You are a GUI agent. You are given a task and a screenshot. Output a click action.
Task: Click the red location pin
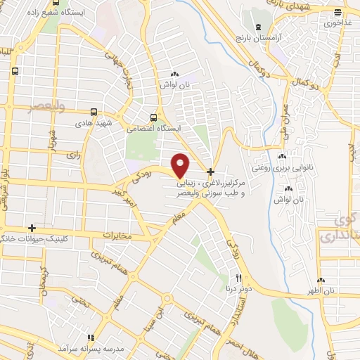[x=181, y=165]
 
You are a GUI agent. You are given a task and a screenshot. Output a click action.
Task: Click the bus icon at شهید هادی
[x=94, y=112]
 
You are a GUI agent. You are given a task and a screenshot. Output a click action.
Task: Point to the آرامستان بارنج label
[x=278, y=37]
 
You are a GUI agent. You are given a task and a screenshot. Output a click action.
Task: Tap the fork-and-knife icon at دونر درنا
[x=239, y=278]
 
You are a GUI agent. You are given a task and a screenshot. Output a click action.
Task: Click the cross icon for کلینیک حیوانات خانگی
[x=32, y=228]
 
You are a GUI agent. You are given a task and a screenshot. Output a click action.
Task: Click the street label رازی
[x=70, y=152]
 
